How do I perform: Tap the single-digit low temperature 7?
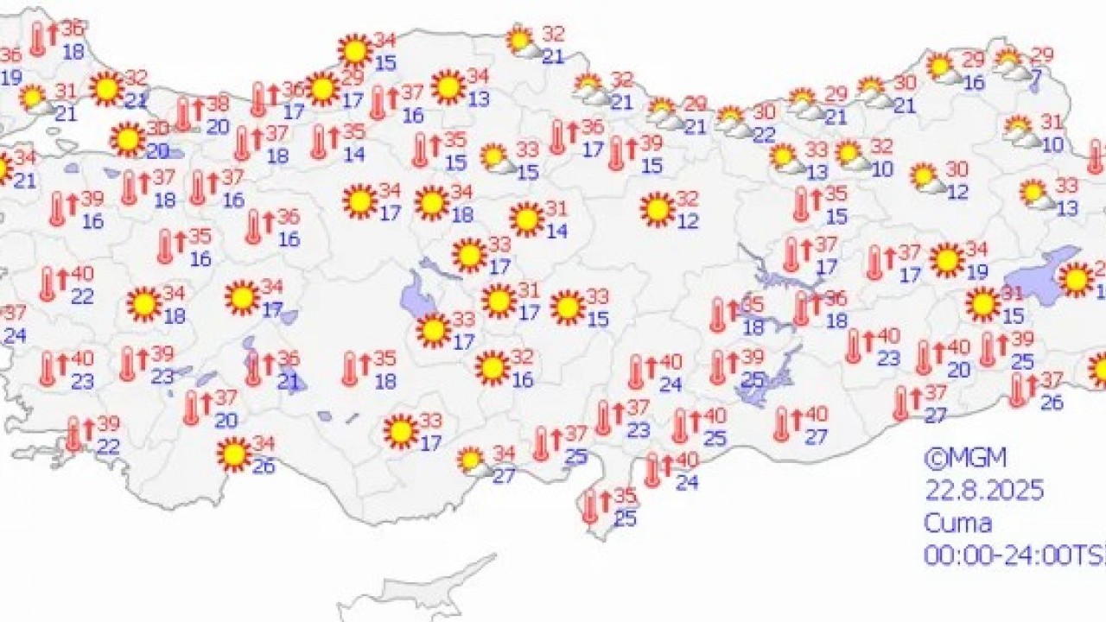click(1036, 75)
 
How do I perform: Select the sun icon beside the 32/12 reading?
click(658, 209)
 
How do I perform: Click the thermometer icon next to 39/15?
click(616, 153)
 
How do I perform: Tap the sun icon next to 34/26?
click(234, 454)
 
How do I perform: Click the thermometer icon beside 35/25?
click(591, 507)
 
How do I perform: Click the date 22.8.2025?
click(984, 491)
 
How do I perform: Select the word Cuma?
click(957, 523)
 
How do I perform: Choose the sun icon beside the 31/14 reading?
click(526, 219)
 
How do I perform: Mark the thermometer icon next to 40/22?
click(48, 284)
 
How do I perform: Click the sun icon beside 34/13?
click(448, 86)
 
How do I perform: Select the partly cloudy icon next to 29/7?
click(1010, 63)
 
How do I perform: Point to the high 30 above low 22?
click(764, 112)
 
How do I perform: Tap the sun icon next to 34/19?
click(947, 259)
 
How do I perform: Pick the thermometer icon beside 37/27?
click(902, 403)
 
